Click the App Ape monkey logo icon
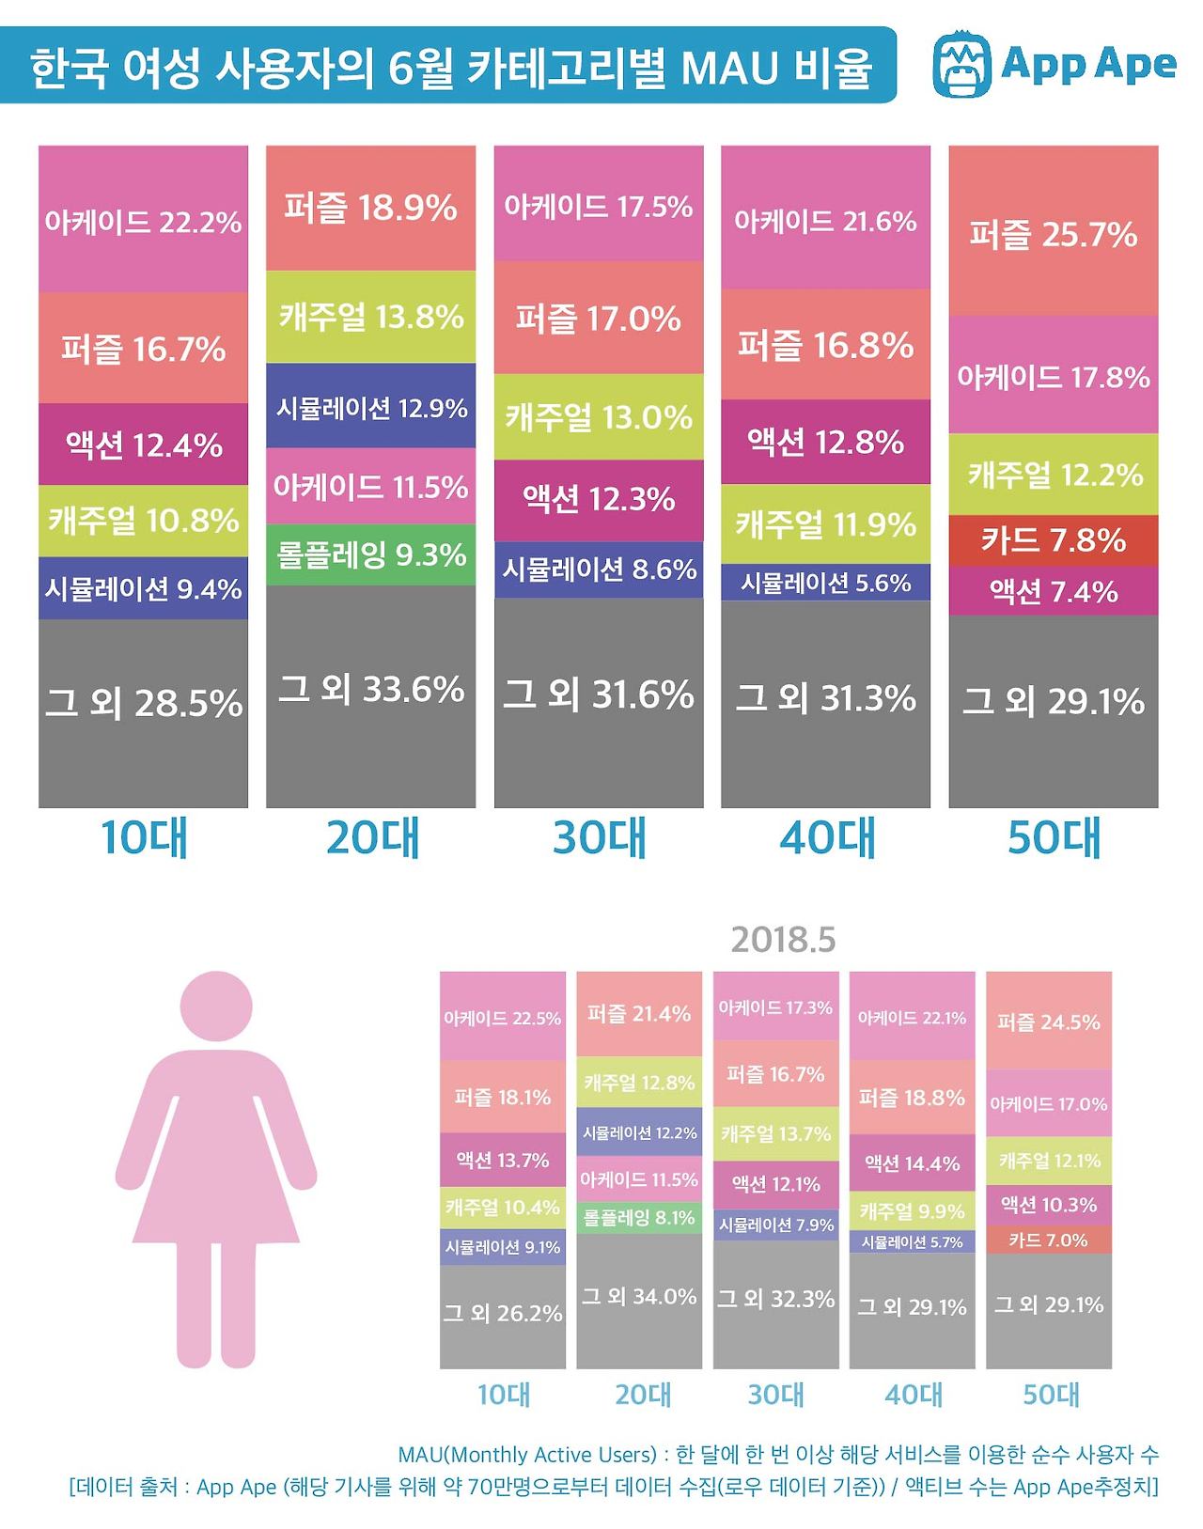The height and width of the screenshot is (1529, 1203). tap(962, 65)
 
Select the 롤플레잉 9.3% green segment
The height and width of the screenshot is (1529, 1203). tap(370, 554)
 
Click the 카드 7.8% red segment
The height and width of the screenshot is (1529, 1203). tap(1053, 540)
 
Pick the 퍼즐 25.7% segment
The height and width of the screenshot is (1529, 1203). tap(1053, 232)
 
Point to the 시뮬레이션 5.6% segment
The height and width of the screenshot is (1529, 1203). tap(825, 583)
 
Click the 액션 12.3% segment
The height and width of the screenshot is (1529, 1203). tap(599, 499)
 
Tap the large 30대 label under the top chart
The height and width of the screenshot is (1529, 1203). tap(599, 837)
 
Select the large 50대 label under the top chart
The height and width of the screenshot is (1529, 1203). tap(1053, 837)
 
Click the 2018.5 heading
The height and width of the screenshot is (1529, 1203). tap(783, 940)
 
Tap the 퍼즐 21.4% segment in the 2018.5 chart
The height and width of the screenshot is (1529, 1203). tap(639, 1014)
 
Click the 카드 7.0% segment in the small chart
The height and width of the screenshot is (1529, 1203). tap(1049, 1240)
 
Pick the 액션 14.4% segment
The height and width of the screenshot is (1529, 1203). tap(912, 1164)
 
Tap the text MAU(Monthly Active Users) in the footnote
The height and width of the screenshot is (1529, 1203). tap(526, 1455)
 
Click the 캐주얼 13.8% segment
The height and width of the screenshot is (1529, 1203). tap(370, 317)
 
